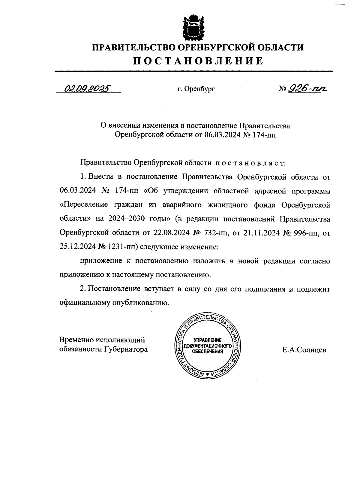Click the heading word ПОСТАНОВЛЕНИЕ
point(198,61)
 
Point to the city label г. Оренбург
point(196,89)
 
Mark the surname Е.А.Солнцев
point(304,350)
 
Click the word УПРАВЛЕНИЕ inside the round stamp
point(208,340)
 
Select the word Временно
point(76,340)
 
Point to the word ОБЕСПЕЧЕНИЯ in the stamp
point(208,352)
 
